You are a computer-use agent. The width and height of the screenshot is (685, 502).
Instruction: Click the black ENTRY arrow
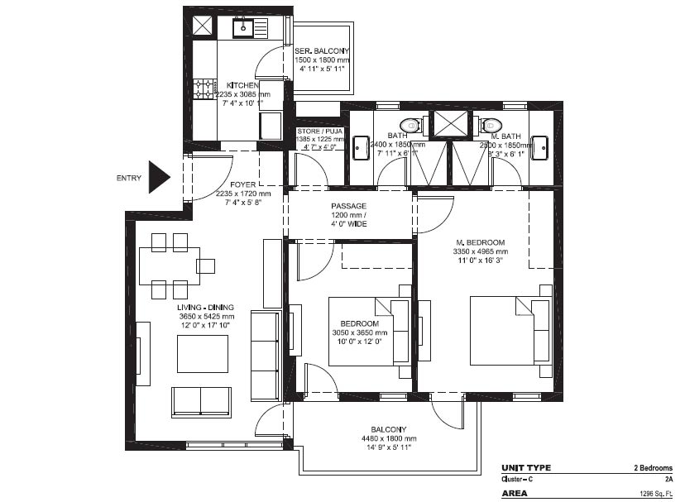[x=157, y=177]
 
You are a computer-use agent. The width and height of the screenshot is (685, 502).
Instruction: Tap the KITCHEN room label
[x=242, y=85]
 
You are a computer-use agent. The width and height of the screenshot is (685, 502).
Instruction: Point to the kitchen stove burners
[x=203, y=88]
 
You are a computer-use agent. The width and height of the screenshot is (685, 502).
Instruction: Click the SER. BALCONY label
[x=323, y=51]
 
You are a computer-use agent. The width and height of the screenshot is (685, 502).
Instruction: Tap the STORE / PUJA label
[x=319, y=131]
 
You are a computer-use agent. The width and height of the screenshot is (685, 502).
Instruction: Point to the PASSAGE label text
[x=348, y=206]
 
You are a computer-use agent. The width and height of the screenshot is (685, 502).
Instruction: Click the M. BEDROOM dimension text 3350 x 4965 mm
[x=480, y=251]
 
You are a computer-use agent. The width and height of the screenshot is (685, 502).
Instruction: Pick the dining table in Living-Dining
[x=170, y=265]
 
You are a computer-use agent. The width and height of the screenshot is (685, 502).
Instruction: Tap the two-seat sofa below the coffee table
[x=202, y=401]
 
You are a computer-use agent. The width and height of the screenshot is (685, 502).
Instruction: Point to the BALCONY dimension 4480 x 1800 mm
[x=388, y=438]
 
